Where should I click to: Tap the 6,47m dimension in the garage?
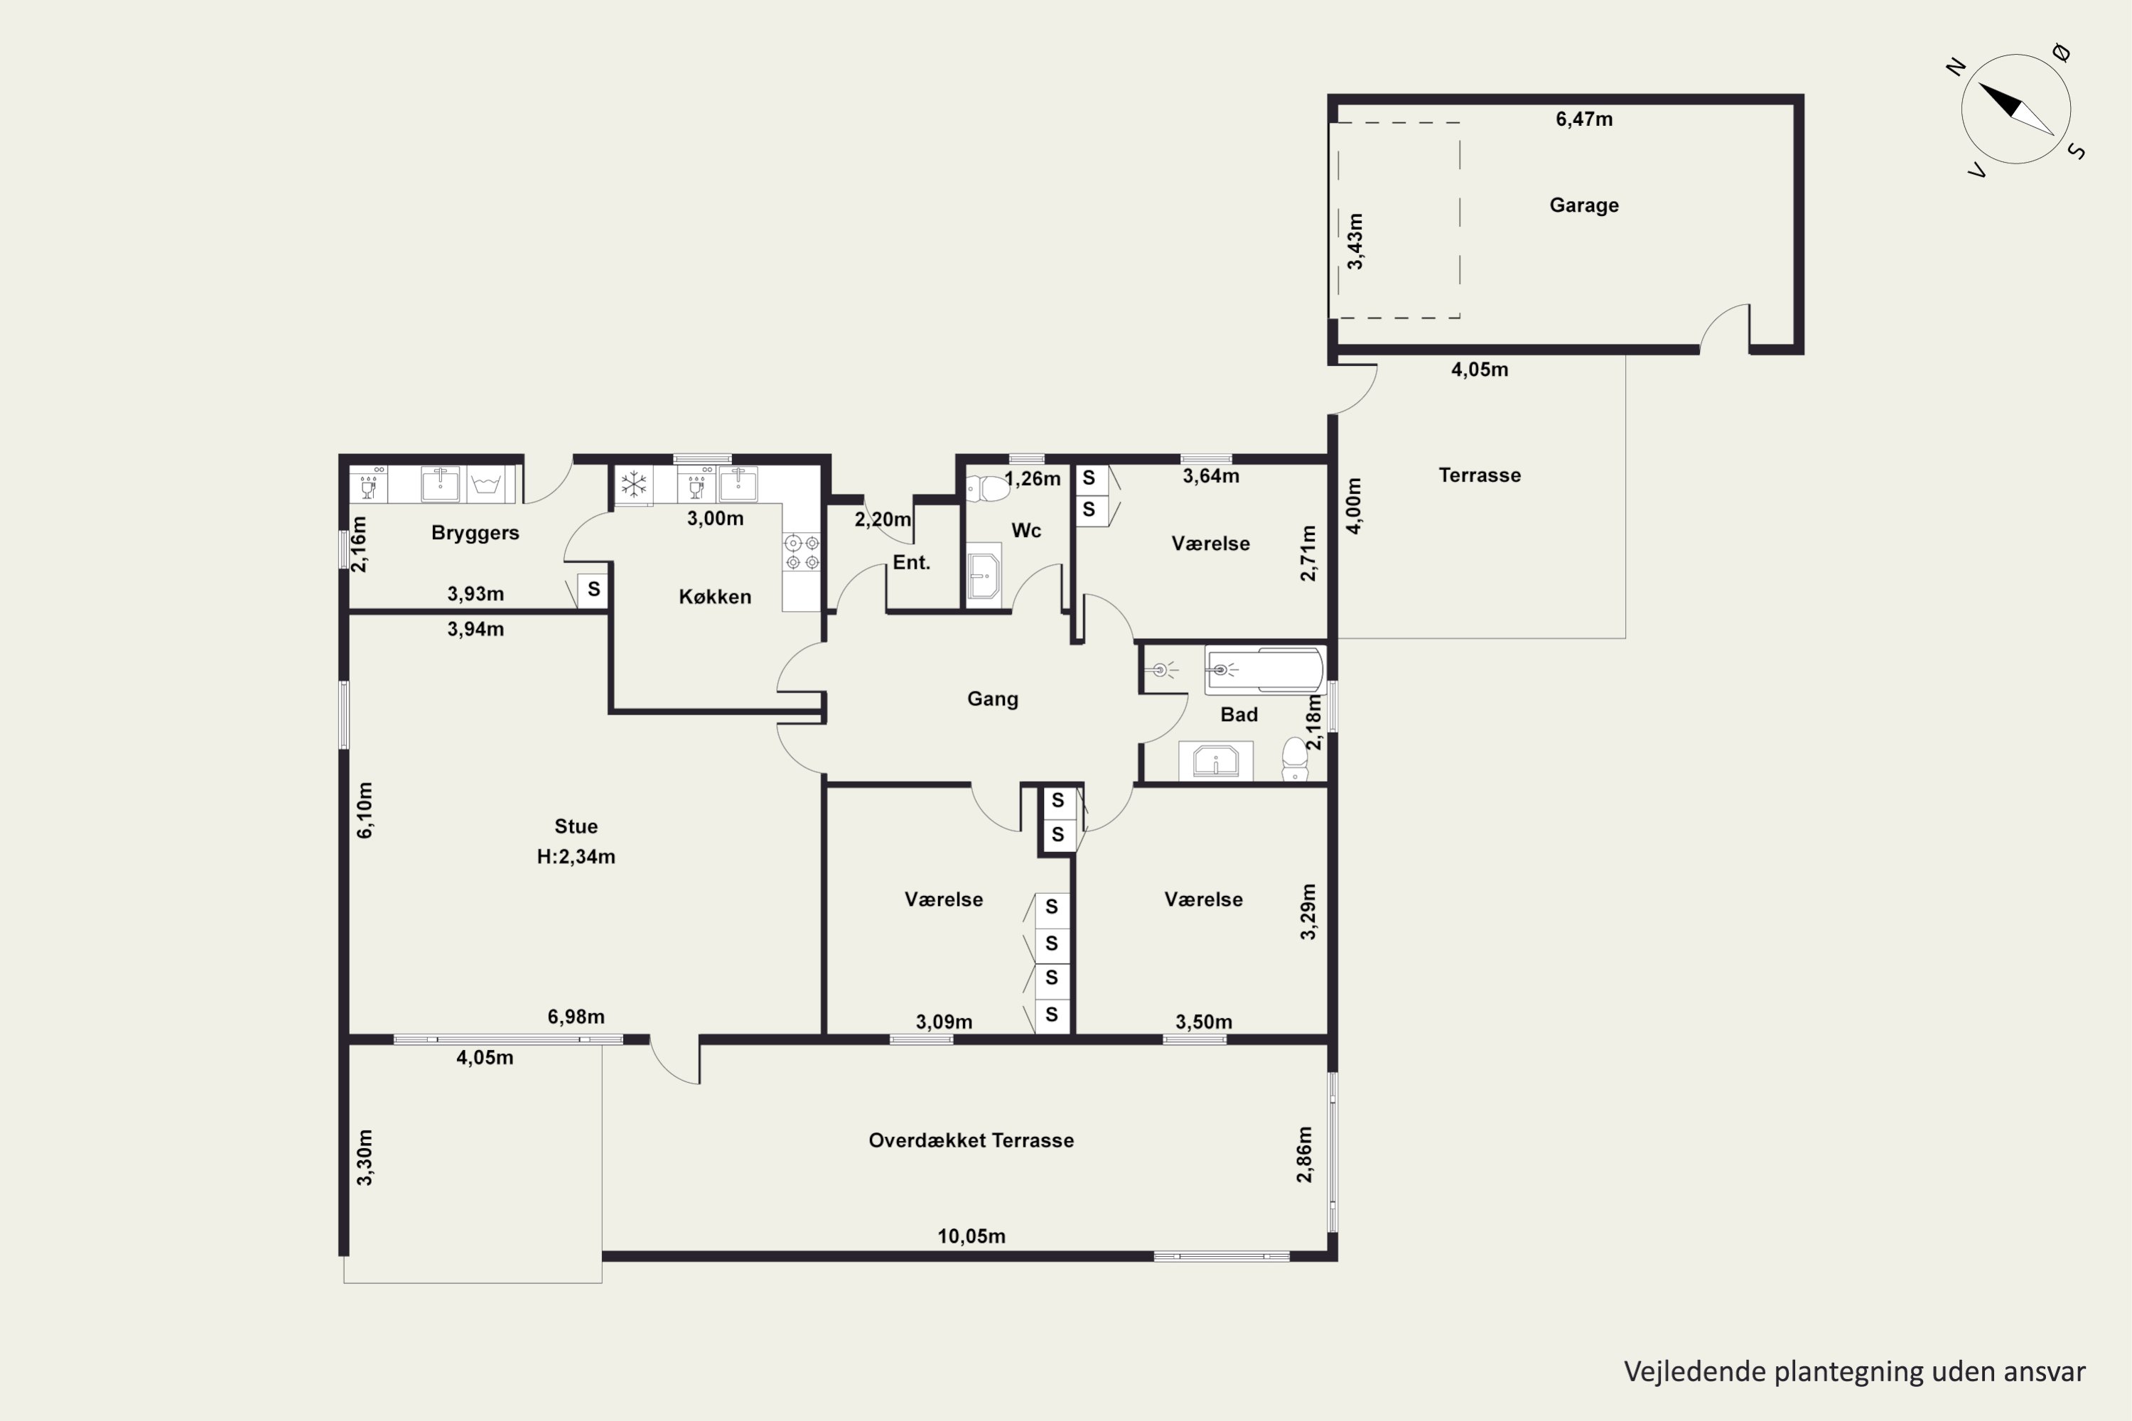tap(1583, 119)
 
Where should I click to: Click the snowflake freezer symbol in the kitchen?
tap(634, 484)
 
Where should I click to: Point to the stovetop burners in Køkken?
tap(802, 552)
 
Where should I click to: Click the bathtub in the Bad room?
tap(1264, 671)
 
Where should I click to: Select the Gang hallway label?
tap(993, 698)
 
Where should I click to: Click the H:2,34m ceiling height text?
tap(576, 856)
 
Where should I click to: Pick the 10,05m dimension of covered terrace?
tap(971, 1236)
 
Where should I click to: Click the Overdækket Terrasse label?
tap(971, 1140)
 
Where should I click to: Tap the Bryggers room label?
tap(475, 533)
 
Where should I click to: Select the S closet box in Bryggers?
tap(593, 590)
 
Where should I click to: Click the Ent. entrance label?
tap(911, 562)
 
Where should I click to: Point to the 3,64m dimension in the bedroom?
tap(1210, 476)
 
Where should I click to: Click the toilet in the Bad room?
tap(1294, 760)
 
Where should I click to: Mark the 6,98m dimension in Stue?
tap(576, 1017)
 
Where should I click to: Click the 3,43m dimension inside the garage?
tap(1355, 241)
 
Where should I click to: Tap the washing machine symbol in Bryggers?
tap(486, 484)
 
